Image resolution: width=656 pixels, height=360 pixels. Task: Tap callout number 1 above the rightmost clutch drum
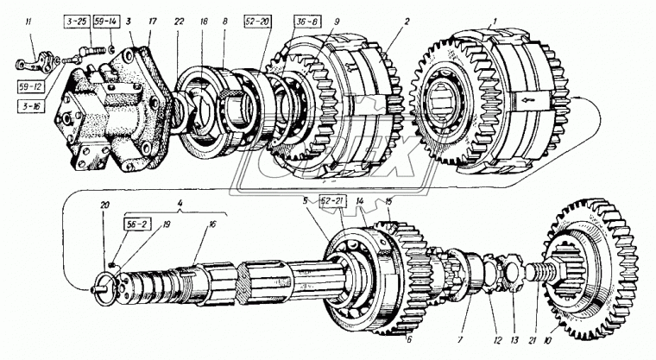[471, 20]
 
